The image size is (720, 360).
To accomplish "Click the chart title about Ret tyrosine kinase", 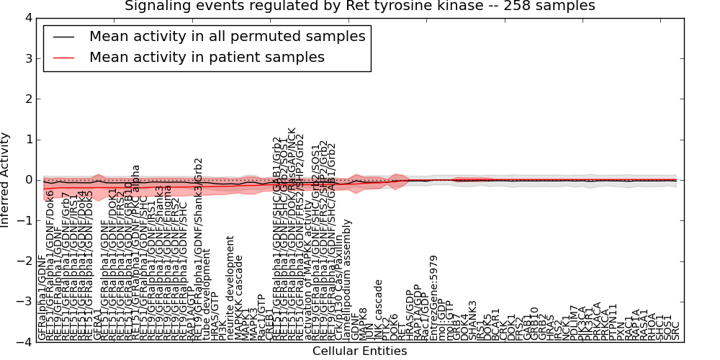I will [x=360, y=6].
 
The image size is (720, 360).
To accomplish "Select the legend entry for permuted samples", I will [x=227, y=36].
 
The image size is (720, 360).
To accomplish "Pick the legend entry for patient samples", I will [x=207, y=57].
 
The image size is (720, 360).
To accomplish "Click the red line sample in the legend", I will [x=64, y=58].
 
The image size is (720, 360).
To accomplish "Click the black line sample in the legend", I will [x=64, y=37].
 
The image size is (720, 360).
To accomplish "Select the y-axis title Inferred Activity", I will [x=6, y=180].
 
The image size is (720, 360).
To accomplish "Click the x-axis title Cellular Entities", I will [x=359, y=351].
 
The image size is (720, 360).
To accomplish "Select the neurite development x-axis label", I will [x=230, y=288].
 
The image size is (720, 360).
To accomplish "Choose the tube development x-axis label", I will [x=207, y=294].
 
